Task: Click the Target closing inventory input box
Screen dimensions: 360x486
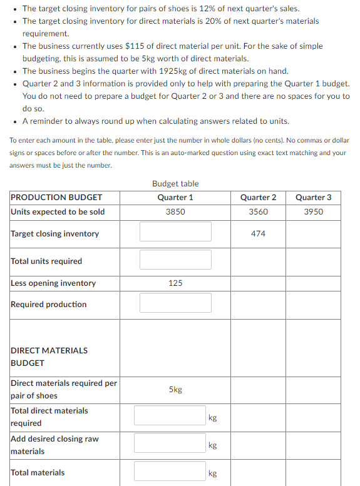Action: (175, 231)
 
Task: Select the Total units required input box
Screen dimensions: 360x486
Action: (175, 260)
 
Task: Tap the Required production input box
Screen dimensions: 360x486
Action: (175, 303)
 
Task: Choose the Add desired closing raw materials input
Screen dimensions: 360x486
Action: (170, 443)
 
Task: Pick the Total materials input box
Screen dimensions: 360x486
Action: (170, 472)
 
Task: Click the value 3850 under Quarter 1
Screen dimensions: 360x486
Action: (175, 211)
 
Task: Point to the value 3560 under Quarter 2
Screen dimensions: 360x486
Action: (258, 211)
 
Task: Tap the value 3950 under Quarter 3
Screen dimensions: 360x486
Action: (313, 211)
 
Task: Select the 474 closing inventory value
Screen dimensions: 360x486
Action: (258, 233)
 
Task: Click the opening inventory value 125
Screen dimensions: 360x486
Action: (175, 283)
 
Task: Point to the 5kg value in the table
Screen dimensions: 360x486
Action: (175, 389)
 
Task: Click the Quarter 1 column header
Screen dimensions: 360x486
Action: (175, 197)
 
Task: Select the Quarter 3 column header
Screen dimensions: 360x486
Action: (313, 197)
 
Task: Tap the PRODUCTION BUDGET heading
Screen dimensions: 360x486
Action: (56, 197)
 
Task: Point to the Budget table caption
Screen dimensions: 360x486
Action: (175, 183)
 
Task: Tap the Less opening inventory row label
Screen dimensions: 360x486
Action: (53, 283)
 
